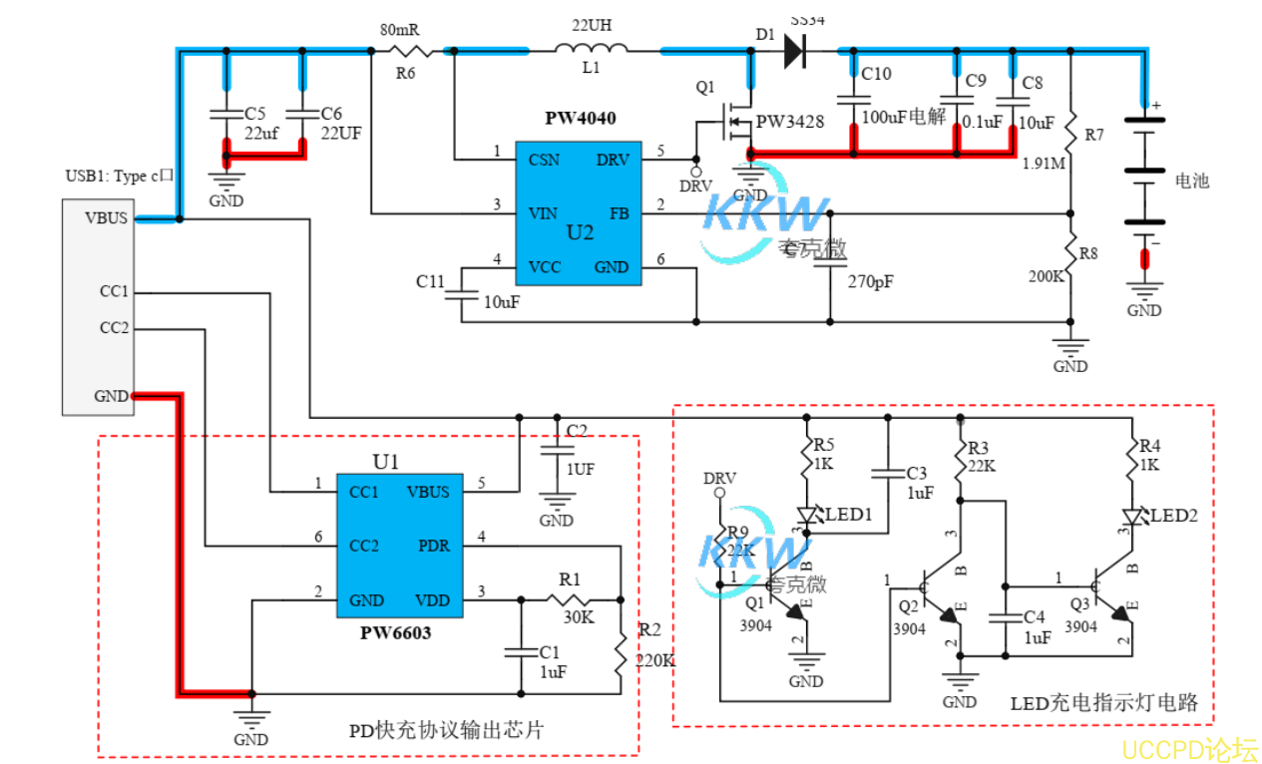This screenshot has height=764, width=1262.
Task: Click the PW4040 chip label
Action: click(580, 119)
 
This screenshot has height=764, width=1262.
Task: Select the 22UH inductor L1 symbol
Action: click(592, 47)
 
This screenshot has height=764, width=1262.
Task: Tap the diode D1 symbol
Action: click(794, 49)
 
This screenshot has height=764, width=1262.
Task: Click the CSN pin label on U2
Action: click(544, 160)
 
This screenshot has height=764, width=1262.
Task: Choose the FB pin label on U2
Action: click(619, 212)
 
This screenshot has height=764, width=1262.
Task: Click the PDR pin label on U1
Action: click(434, 546)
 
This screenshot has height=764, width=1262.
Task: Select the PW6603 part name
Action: click(396, 632)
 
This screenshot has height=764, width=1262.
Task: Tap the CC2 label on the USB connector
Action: click(114, 328)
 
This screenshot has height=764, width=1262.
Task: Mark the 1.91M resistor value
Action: click(1043, 164)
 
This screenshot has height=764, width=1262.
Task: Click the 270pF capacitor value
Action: click(871, 282)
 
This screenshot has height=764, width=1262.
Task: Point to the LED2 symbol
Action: click(1133, 516)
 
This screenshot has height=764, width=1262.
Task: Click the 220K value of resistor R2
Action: click(655, 659)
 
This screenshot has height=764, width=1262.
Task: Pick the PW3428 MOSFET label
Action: click(790, 122)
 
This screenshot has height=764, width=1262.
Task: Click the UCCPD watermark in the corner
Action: click(1189, 749)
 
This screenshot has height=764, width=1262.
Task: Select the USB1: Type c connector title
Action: click(120, 177)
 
